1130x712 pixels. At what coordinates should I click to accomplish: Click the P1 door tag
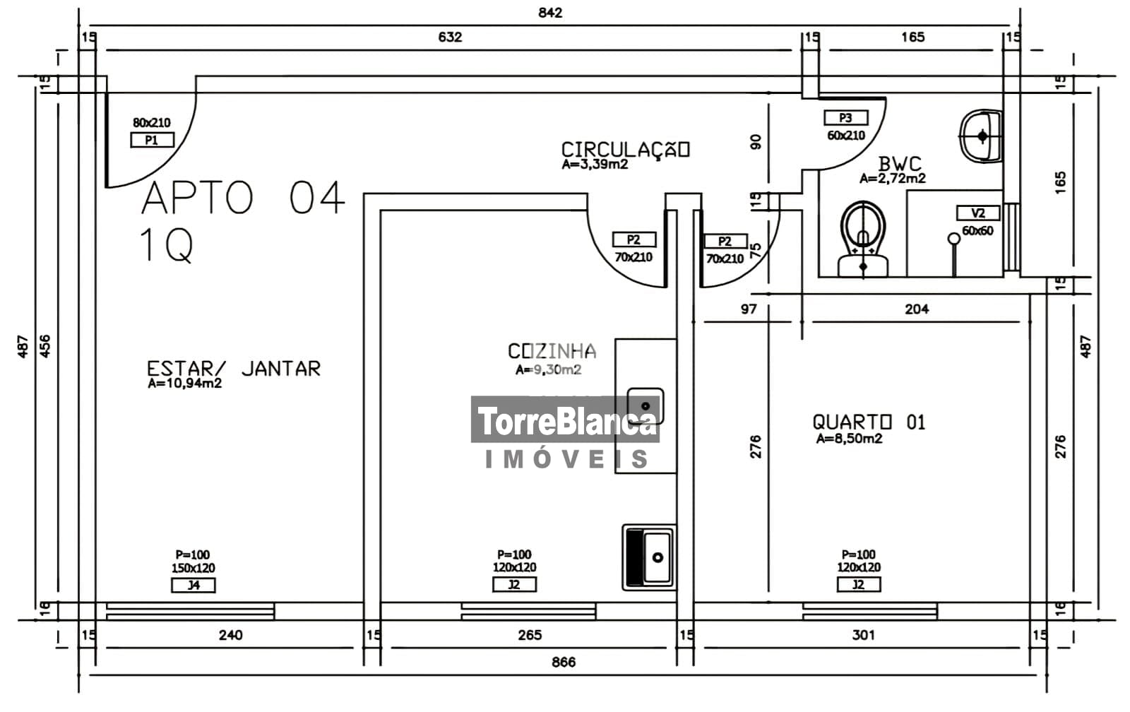click(x=152, y=140)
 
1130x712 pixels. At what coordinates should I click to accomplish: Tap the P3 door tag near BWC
click(x=846, y=117)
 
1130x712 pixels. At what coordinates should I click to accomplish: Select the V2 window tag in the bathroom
click(x=978, y=213)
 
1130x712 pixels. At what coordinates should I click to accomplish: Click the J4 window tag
click(x=194, y=586)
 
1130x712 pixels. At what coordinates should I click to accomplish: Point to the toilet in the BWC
click(x=863, y=239)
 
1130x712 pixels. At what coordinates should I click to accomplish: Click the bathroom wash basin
click(x=981, y=136)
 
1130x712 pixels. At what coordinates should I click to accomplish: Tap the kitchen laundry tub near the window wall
click(x=649, y=557)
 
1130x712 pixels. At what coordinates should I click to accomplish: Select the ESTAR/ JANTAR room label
click(x=234, y=369)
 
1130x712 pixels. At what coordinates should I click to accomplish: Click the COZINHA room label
click(x=552, y=350)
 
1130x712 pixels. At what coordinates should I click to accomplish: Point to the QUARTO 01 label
click(x=869, y=422)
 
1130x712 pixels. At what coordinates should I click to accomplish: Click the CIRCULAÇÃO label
click(x=626, y=149)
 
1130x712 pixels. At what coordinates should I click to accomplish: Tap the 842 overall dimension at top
click(x=550, y=13)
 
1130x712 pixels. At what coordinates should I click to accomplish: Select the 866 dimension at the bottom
click(x=564, y=662)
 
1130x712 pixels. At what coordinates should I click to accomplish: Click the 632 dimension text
click(x=450, y=37)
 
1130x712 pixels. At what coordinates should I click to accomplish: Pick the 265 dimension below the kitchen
click(x=530, y=635)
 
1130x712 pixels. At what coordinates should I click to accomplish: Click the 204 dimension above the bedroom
click(x=917, y=309)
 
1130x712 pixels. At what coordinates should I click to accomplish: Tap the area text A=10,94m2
click(x=184, y=384)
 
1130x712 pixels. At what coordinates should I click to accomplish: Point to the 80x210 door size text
click(x=152, y=123)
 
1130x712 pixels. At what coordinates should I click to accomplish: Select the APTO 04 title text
click(x=243, y=197)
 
